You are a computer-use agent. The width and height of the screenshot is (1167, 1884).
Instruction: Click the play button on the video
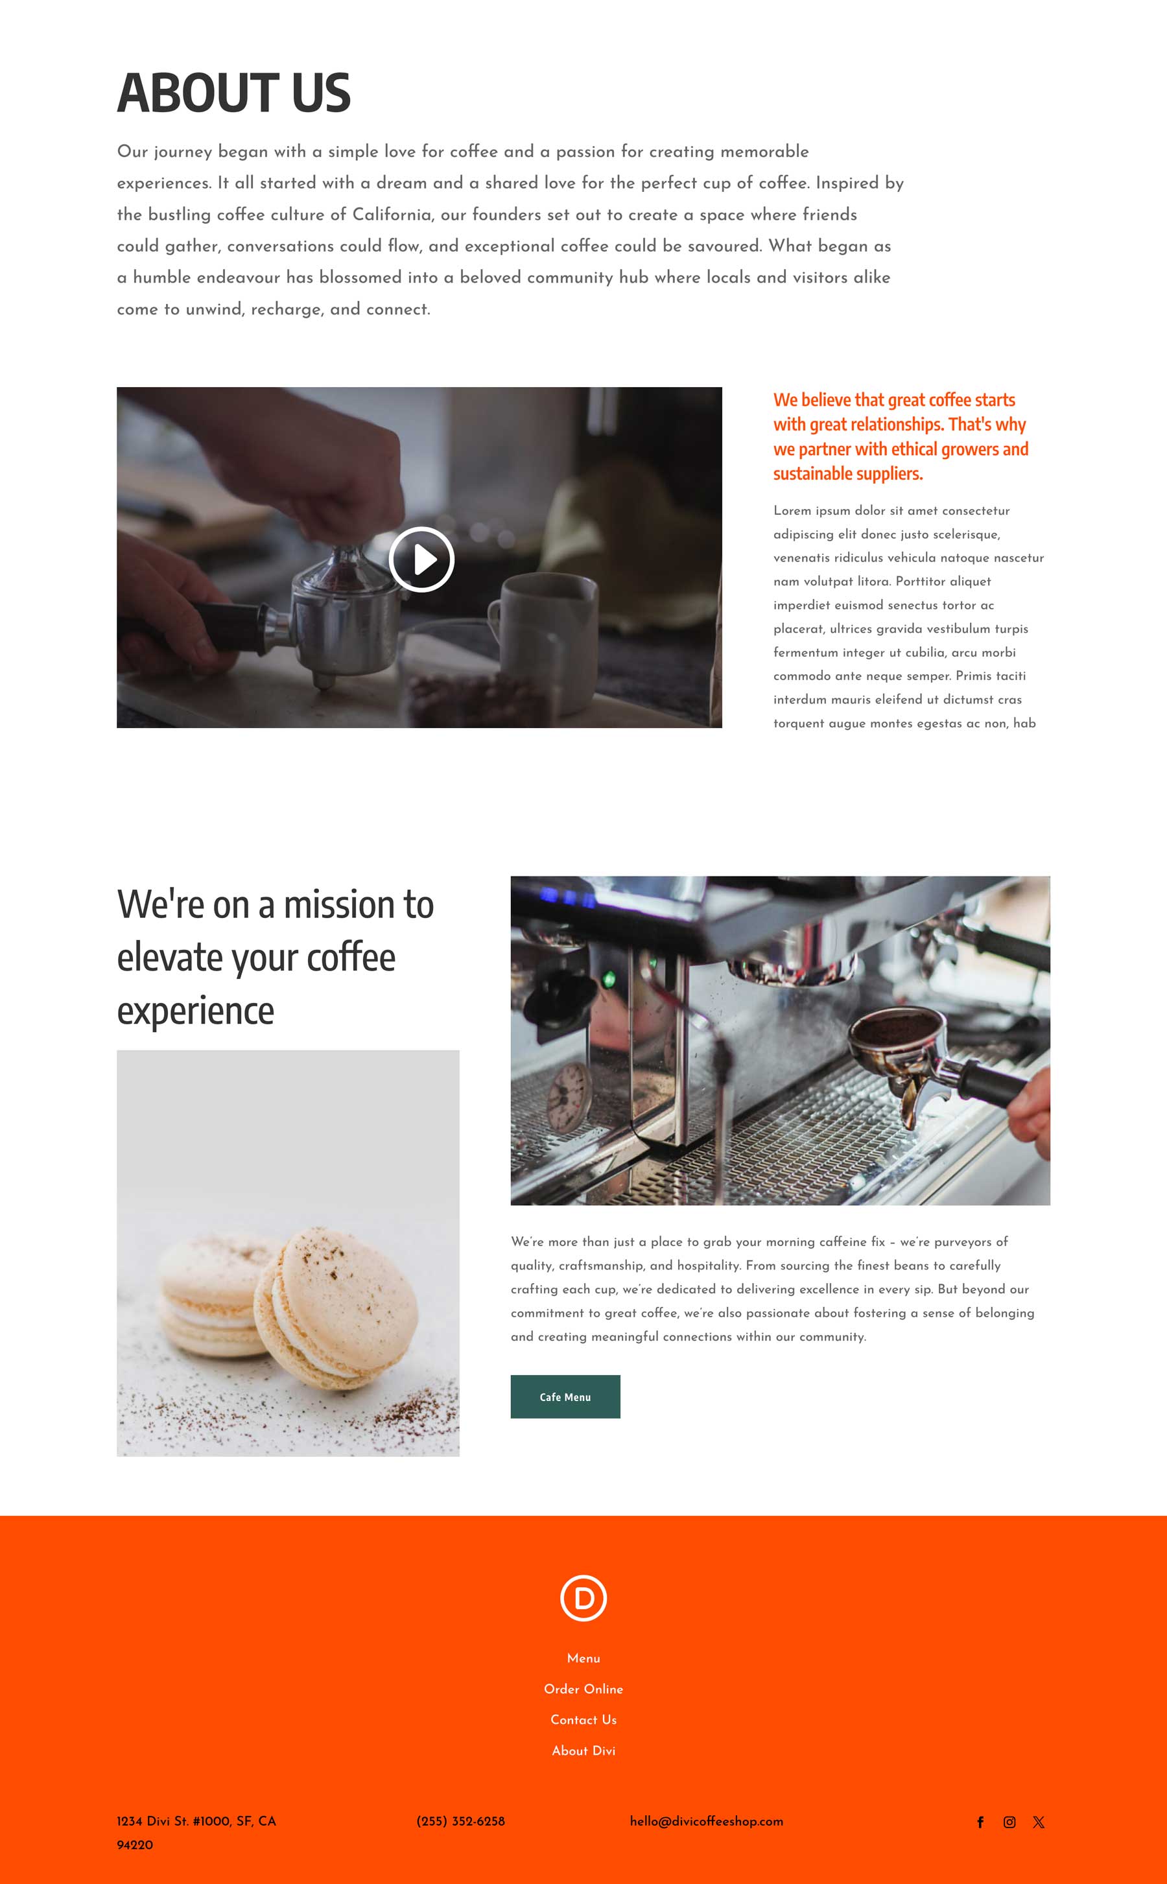(x=421, y=559)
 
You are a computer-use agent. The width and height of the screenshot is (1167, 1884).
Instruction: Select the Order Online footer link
(x=583, y=1689)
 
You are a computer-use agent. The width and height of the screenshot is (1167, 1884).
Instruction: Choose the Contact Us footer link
(x=583, y=1719)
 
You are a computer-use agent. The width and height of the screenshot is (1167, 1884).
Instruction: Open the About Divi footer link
(x=583, y=1750)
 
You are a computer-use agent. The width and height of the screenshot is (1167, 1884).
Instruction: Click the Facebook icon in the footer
(x=980, y=1822)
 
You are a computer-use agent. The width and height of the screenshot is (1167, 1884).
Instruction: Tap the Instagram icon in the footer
(x=1009, y=1822)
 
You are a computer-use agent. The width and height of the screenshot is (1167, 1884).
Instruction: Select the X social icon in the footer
(x=1039, y=1822)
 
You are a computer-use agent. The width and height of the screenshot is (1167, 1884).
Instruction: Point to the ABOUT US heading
(x=234, y=93)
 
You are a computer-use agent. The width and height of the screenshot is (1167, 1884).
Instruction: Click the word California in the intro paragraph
(x=392, y=215)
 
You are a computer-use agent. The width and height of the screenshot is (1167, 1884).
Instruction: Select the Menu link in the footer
(x=583, y=1658)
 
